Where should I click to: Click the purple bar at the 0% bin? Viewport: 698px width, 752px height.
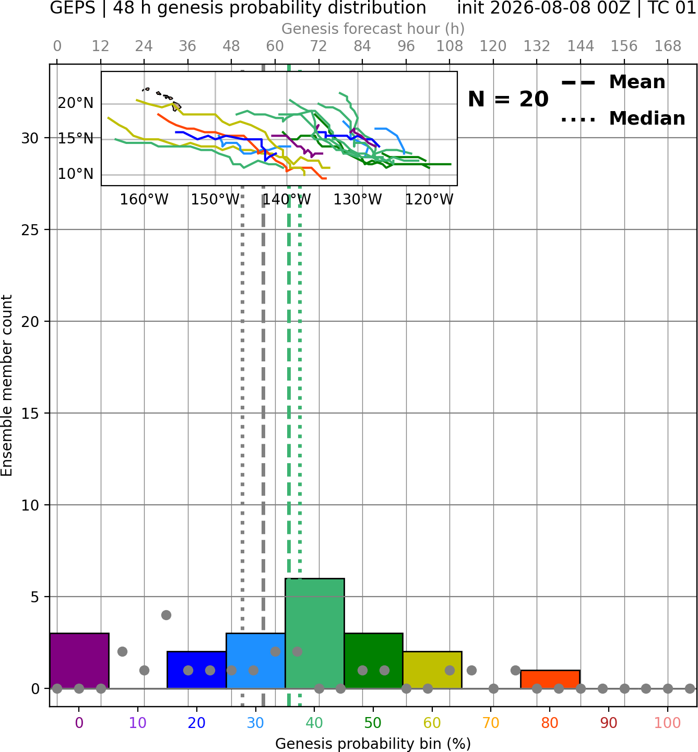[x=79, y=661]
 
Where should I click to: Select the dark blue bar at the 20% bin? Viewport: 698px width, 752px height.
[x=197, y=670]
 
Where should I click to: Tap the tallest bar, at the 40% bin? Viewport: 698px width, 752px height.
[x=315, y=634]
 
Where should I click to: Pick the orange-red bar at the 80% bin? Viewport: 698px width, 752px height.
[x=550, y=680]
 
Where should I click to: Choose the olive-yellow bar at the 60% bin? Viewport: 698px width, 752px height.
[x=432, y=670]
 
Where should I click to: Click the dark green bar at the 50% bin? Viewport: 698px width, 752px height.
[x=373, y=661]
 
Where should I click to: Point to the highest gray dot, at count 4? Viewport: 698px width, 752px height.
[x=166, y=615]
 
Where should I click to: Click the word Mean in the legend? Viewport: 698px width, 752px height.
[x=637, y=82]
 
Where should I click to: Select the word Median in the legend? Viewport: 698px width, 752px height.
[x=647, y=118]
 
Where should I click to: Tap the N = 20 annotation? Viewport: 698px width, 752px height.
[x=508, y=99]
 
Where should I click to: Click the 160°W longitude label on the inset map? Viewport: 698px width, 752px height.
[x=144, y=200]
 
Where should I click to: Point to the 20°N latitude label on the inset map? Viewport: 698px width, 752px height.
[x=76, y=103]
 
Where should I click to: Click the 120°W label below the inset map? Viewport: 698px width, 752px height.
[x=429, y=200]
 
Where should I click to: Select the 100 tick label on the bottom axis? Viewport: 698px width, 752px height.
[x=668, y=723]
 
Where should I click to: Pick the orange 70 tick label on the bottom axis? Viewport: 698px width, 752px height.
[x=491, y=723]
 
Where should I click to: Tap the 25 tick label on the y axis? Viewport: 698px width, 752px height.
[x=30, y=230]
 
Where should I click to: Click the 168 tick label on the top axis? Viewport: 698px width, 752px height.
[x=668, y=46]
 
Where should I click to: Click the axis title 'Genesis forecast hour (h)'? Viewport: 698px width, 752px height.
[x=373, y=29]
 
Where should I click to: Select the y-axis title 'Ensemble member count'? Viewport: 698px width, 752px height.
[x=7, y=385]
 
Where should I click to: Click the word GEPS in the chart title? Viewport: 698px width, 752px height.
[x=73, y=8]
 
